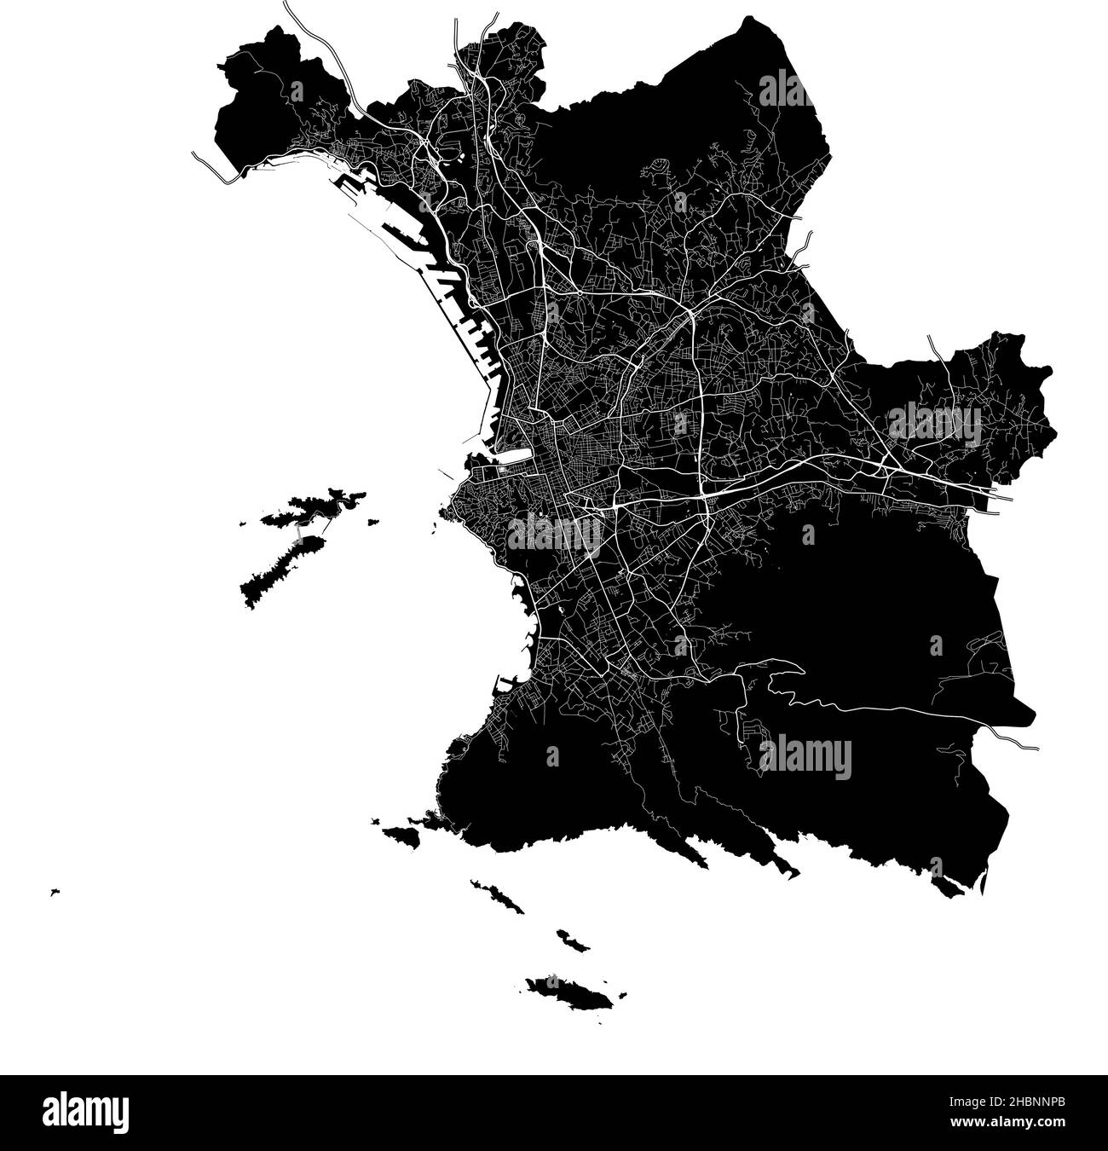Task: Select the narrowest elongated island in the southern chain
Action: tap(497, 895)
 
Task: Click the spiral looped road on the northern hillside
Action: tap(659, 167)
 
